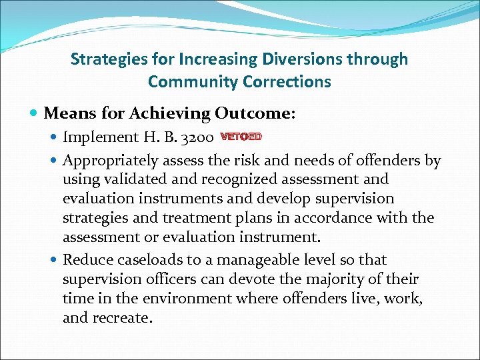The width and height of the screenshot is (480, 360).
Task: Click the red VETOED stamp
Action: [x=241, y=137]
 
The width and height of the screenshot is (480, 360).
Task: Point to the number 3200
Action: [x=196, y=137]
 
